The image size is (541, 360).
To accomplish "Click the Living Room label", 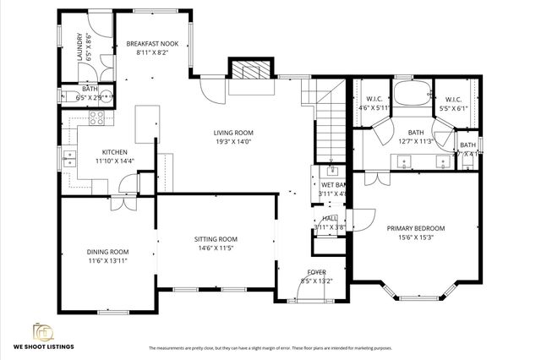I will (x=233, y=133).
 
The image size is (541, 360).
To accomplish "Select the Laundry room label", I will (x=79, y=46).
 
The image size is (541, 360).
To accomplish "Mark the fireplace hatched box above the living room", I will (x=250, y=69).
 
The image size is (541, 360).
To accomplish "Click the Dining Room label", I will (x=107, y=252).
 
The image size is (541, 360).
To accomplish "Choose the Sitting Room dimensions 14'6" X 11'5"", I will (x=216, y=248).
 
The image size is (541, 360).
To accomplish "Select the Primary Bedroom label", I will (x=415, y=228).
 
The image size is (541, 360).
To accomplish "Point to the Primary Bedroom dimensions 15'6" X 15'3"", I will (x=415, y=237).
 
